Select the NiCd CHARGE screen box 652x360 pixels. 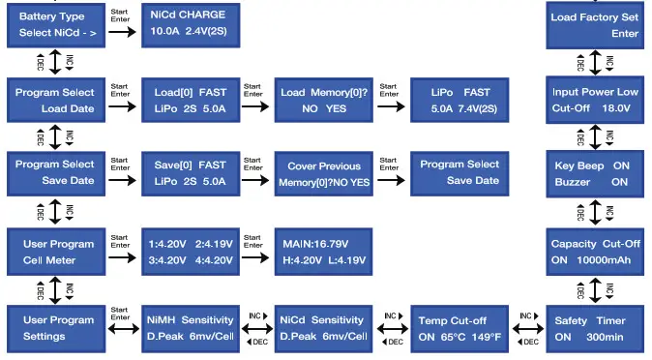coord(191,24)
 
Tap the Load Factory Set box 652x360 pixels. coord(594,24)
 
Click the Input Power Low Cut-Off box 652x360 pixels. coord(594,100)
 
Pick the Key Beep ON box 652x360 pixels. coord(594,173)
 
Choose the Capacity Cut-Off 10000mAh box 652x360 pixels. coord(594,252)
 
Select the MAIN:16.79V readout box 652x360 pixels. coord(324,252)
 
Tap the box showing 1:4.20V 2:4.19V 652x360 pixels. coord(191,252)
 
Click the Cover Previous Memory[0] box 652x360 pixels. coord(324,173)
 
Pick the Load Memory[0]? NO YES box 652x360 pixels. coord(324,100)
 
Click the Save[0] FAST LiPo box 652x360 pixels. coord(191,173)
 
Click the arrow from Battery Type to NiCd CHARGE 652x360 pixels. coord(121,32)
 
